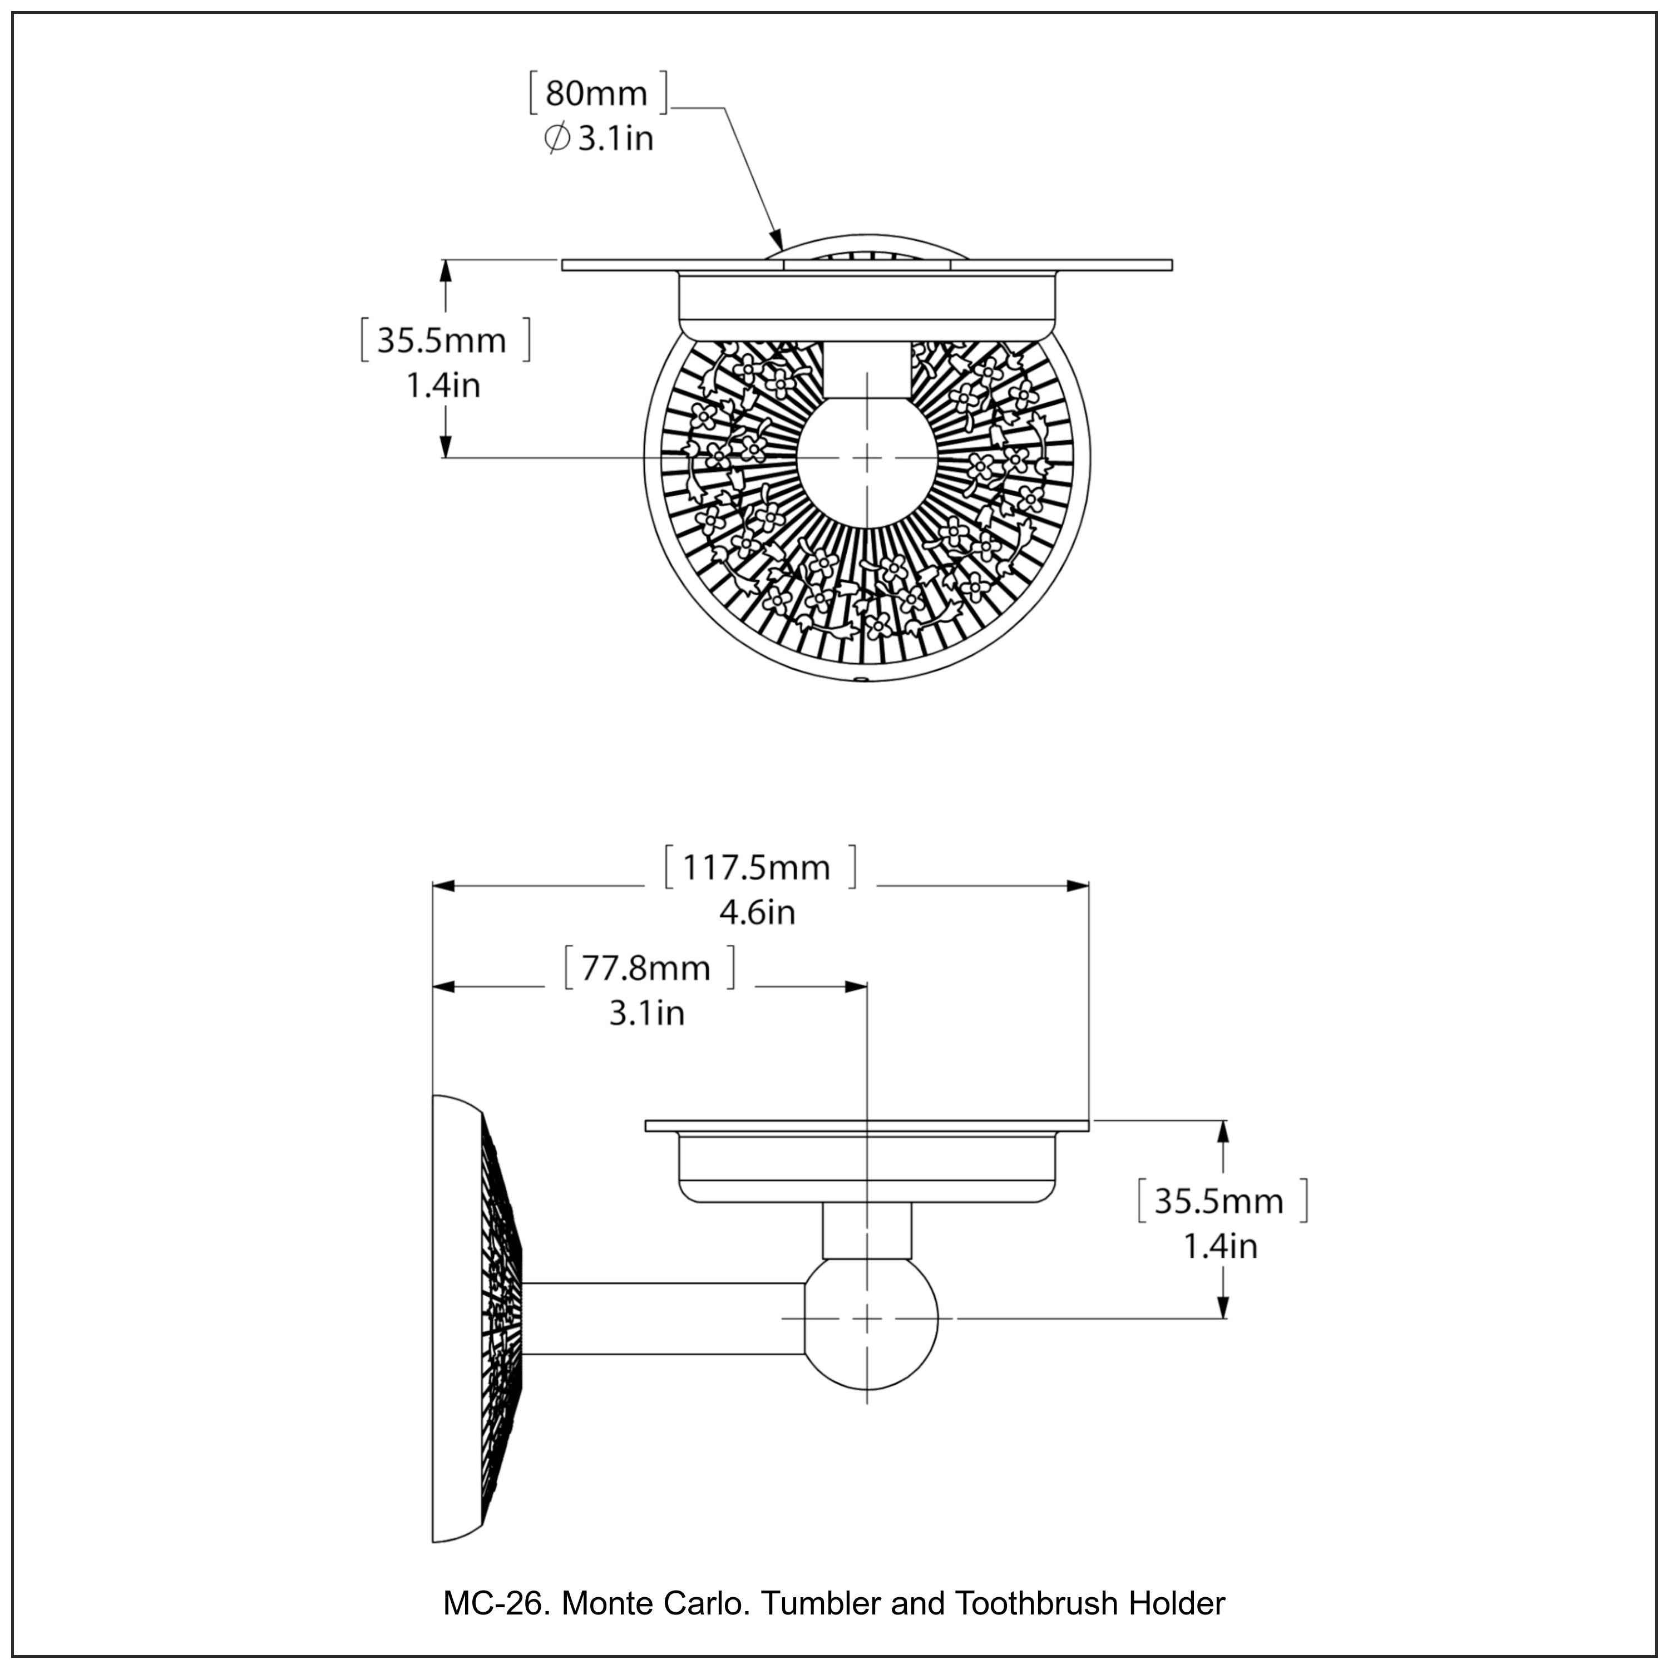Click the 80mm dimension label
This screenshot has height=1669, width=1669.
(x=596, y=93)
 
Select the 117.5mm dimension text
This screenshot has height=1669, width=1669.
(x=757, y=867)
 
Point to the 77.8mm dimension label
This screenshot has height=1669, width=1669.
(x=645, y=969)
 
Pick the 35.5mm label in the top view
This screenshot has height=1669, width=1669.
(x=441, y=341)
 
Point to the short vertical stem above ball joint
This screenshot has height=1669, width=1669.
(x=866, y=1231)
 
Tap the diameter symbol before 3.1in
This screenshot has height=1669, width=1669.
(x=557, y=139)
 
